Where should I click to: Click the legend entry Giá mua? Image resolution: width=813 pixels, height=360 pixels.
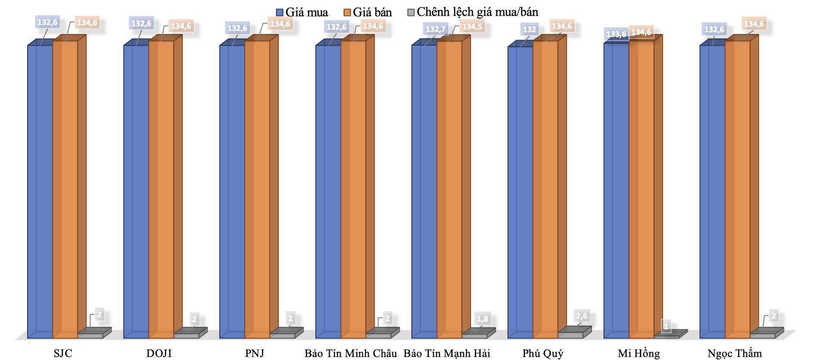(302, 12)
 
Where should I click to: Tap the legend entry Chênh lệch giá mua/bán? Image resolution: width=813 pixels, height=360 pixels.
(473, 12)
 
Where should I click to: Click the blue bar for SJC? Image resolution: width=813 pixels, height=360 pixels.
(40, 189)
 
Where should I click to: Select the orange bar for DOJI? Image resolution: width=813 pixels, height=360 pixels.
(161, 189)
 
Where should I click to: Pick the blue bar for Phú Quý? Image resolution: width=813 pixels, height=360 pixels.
(520, 189)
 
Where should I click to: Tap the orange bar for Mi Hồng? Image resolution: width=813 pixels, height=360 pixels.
(642, 189)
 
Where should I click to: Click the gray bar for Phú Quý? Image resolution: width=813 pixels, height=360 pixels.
(571, 335)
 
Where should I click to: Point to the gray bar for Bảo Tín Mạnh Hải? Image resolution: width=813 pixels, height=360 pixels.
(475, 335)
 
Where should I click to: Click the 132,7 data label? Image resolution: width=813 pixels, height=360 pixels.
(435, 29)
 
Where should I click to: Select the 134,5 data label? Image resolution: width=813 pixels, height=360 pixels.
(472, 27)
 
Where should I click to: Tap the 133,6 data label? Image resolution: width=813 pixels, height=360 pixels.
(616, 34)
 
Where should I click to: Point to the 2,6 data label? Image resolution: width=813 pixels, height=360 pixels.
(581, 316)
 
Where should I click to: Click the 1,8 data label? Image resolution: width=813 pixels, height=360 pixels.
(482, 319)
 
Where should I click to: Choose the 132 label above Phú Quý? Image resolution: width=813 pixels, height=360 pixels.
(529, 30)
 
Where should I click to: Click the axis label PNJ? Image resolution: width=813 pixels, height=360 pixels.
(254, 354)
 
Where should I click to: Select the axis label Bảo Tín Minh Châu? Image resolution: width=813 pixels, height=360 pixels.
(351, 354)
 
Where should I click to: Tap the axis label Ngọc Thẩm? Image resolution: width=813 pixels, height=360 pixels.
(735, 354)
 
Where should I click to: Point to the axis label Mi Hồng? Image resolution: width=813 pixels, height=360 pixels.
(639, 354)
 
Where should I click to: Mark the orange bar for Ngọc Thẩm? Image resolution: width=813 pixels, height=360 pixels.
(738, 189)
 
